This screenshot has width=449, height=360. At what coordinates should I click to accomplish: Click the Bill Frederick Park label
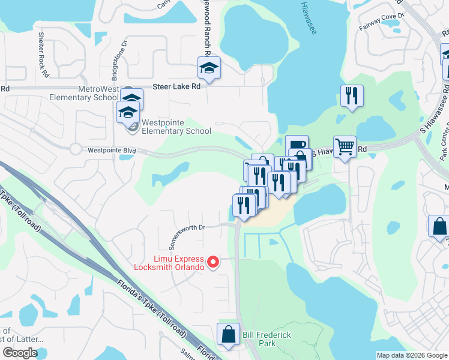coord(259,338)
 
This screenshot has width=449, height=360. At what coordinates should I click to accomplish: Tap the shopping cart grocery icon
coord(345,146)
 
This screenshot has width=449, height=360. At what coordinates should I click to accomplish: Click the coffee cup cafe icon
coord(297,145)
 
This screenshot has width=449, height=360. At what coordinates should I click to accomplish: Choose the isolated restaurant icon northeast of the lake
coord(351,95)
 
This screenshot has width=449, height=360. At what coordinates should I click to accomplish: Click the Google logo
coord(19,353)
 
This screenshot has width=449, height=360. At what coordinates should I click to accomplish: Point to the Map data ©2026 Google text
coord(411,355)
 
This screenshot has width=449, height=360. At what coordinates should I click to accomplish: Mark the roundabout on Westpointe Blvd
coord(76,149)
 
